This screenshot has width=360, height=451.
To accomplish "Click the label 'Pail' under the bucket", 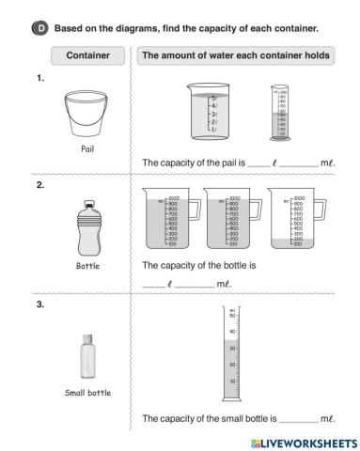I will pos(86,148).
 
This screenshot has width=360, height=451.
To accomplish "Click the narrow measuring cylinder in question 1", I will pos(279,116).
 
